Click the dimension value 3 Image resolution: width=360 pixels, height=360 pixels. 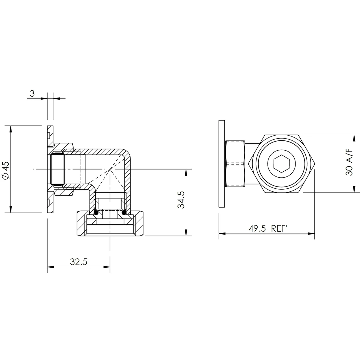tap(32, 93)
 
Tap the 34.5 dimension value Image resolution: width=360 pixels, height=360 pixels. tap(181, 200)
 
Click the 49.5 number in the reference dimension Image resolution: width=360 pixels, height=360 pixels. tap(257, 229)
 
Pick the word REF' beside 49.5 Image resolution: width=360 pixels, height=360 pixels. tap(279, 229)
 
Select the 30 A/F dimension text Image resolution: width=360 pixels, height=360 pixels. tap(349, 162)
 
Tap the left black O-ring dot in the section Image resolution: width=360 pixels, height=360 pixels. tap(96, 213)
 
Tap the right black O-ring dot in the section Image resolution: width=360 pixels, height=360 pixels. tap(124, 213)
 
